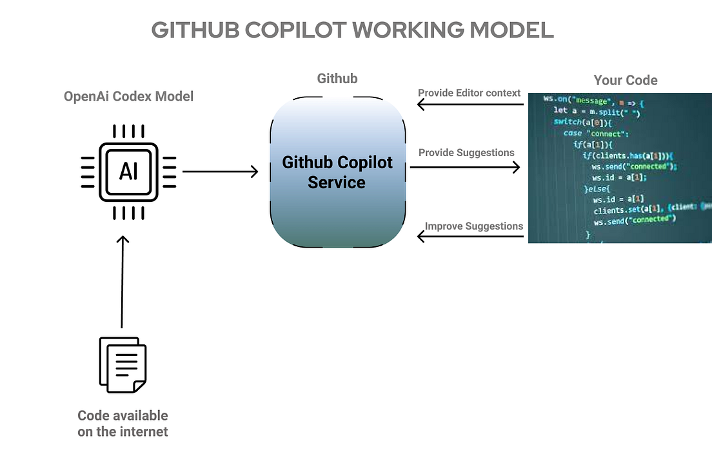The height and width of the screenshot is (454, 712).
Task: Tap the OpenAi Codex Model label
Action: (x=128, y=97)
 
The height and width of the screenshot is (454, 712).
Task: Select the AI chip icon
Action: (x=128, y=172)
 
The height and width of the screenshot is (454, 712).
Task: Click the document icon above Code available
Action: (x=122, y=364)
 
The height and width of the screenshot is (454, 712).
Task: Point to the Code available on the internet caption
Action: (x=123, y=424)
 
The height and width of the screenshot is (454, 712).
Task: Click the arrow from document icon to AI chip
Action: (x=122, y=282)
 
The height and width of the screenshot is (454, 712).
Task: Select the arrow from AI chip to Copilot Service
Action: (x=220, y=172)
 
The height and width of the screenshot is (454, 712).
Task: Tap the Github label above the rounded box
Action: (x=337, y=79)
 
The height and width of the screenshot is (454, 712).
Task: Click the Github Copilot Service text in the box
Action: (x=337, y=172)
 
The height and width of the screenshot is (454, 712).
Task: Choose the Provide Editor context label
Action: (x=469, y=93)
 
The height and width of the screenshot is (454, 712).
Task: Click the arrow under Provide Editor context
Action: (x=470, y=104)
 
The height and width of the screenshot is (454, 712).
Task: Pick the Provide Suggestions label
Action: (x=466, y=153)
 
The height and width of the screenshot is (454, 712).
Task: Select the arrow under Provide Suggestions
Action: (x=464, y=167)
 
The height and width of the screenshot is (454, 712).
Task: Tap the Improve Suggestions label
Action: (x=473, y=226)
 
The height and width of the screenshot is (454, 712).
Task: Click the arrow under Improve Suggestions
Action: (x=470, y=237)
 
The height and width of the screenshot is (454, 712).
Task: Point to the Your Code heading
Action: (x=625, y=81)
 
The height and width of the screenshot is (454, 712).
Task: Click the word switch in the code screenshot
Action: (x=568, y=122)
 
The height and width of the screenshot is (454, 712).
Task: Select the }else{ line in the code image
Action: (x=596, y=188)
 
